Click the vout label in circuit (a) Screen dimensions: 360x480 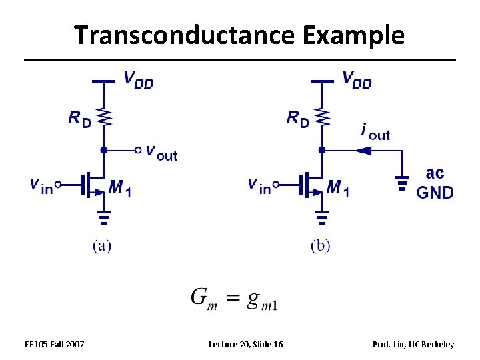tap(161, 153)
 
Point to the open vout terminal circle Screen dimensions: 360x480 tap(138, 150)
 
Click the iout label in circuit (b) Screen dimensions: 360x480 tap(375, 131)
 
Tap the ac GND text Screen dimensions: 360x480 tap(435, 183)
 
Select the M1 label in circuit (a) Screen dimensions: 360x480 tap(119, 189)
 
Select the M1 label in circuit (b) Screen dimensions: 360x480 tap(338, 189)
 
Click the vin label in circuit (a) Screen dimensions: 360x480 tap(41, 185)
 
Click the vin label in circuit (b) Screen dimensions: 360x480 tap(259, 185)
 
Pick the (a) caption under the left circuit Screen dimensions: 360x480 tap(102, 246)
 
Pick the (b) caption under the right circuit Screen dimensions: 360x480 tap(321, 246)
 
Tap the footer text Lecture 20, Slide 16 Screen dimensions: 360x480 tap(245, 344)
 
